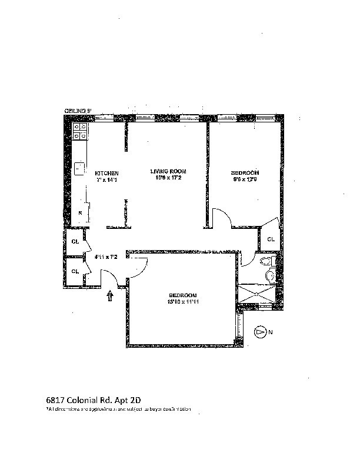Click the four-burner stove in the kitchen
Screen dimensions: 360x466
[x=81, y=131]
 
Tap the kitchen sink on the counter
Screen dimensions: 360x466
[x=79, y=168]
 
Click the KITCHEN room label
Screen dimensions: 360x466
[x=107, y=174]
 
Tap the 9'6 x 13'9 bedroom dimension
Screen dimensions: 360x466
[x=242, y=179]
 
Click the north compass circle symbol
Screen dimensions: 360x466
[x=260, y=332]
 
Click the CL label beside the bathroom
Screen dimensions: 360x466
[x=271, y=239]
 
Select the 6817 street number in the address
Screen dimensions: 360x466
[x=55, y=397]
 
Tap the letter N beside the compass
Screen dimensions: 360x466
[x=271, y=332]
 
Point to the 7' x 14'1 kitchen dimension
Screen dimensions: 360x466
[x=107, y=180]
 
